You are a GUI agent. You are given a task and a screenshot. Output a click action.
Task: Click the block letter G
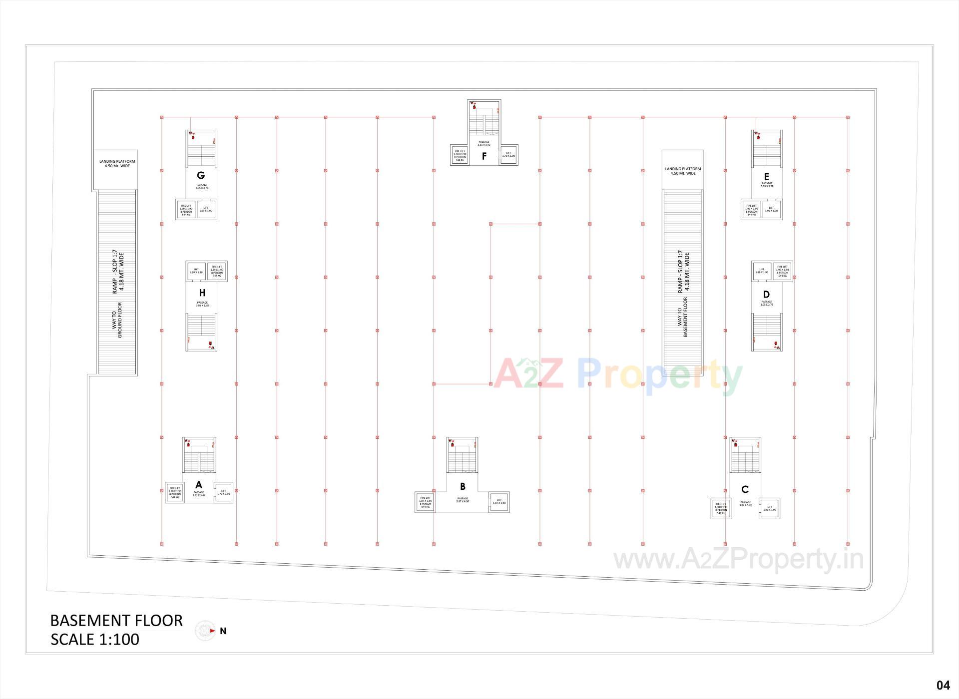click(201, 175)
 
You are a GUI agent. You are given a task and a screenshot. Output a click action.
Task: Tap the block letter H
click(202, 293)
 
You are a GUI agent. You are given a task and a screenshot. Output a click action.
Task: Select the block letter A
click(199, 485)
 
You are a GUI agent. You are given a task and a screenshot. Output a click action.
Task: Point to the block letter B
click(463, 486)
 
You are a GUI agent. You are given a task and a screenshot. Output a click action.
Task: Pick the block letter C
click(745, 490)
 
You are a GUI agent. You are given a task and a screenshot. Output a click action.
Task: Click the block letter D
click(766, 295)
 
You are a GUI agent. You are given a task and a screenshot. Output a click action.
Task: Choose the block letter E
click(766, 176)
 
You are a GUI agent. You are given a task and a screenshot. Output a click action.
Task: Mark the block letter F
click(484, 156)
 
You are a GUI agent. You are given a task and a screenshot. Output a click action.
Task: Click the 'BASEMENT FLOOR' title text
click(116, 621)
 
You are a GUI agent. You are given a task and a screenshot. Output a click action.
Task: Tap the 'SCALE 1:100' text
click(95, 640)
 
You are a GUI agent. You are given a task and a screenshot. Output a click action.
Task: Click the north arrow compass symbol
click(205, 631)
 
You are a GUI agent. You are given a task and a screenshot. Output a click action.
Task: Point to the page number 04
click(943, 685)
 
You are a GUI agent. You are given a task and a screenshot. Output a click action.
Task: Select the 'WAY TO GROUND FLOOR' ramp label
click(117, 320)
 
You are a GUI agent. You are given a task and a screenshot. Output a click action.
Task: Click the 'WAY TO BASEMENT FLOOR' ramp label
click(682, 318)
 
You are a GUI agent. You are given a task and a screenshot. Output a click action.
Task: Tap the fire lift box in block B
click(426, 502)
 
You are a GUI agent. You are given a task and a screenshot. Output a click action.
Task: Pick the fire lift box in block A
click(175, 492)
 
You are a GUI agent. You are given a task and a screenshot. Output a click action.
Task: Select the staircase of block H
click(201, 330)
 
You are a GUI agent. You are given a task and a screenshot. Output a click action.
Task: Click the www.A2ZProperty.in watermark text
click(738, 559)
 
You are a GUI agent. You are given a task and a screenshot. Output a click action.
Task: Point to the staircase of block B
click(462, 457)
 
